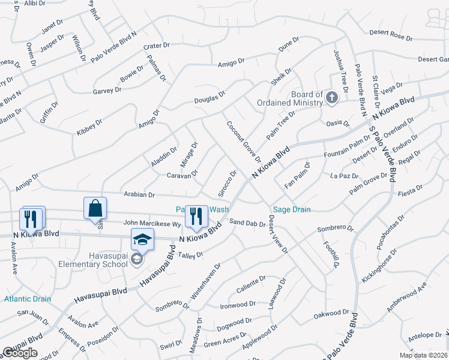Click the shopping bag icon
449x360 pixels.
pos(95,209)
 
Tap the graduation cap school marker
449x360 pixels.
pos(142,240)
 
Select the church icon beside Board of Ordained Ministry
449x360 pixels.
pos(331,97)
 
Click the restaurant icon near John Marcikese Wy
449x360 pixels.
pos(194,217)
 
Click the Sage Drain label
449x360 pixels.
pos(291,209)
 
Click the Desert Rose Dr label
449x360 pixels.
pos(391,35)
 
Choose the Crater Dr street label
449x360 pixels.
pos(157,46)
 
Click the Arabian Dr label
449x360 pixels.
pos(139,194)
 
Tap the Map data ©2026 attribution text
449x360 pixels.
pos(423,355)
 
